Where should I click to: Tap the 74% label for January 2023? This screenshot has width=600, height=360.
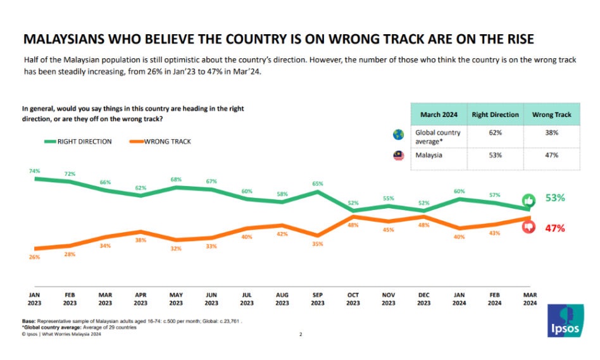[35, 171]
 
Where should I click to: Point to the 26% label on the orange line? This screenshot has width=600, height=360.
[35, 257]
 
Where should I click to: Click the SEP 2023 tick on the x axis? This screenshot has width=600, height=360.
[318, 299]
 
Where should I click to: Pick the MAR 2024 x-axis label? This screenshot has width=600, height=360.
[530, 299]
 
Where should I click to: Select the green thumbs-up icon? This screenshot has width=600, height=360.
[530, 200]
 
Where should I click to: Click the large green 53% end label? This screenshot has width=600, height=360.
[555, 198]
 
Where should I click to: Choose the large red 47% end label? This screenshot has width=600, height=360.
[555, 228]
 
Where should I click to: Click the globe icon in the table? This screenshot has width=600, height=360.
[398, 134]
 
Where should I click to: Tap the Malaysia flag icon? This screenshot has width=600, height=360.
[398, 156]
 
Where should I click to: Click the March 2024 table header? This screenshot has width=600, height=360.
[439, 115]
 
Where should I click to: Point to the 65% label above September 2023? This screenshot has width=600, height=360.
[318, 183]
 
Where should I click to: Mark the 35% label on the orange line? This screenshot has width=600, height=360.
[318, 244]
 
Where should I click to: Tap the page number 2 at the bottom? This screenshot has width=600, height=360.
[301, 335]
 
